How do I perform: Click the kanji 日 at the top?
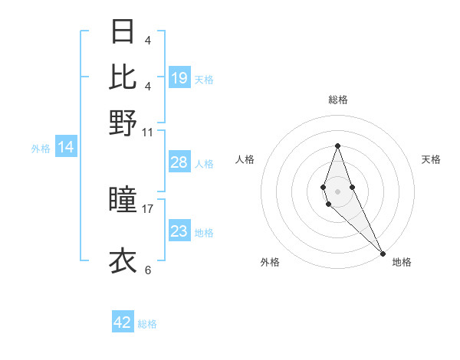[x=123, y=31]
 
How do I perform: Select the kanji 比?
[x=123, y=77]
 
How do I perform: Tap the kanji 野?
[x=123, y=123]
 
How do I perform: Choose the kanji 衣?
[x=123, y=260]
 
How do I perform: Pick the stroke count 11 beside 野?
[x=147, y=132]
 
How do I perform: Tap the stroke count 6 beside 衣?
[x=147, y=270]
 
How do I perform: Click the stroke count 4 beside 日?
[x=147, y=40]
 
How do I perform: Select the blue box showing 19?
[x=179, y=77]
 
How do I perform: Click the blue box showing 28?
[x=179, y=162]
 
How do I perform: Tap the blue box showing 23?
[x=179, y=231]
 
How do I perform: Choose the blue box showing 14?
[x=66, y=148]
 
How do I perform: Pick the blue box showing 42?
[x=123, y=322]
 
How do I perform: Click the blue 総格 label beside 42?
[x=147, y=324]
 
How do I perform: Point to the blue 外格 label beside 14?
[x=41, y=149]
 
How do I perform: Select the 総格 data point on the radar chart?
[x=337, y=146]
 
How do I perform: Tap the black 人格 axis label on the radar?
[x=245, y=159]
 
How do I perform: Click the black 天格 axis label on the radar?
[x=431, y=159]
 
